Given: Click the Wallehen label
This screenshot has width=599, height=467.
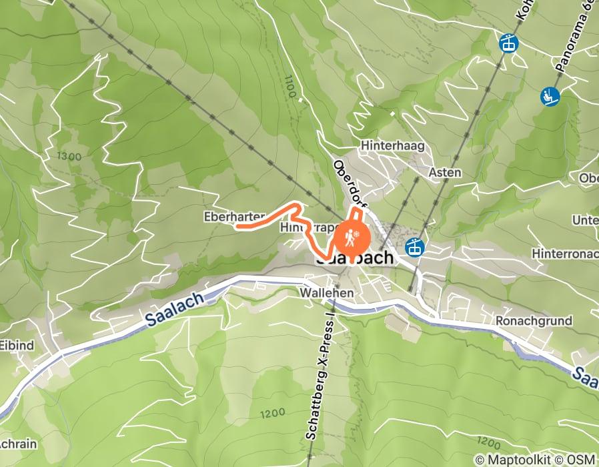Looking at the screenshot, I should click(326, 292).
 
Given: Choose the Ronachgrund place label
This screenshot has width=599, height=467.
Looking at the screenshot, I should click(534, 321).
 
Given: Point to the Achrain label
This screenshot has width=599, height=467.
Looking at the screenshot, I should click(12, 444).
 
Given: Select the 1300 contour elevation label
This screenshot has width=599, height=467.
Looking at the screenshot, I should click(69, 157).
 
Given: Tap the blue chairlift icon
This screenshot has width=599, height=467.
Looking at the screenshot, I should click(550, 97).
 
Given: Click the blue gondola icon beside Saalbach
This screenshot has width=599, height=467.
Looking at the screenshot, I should click(416, 247).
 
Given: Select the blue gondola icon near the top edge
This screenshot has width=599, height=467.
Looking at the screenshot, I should click(509, 44).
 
